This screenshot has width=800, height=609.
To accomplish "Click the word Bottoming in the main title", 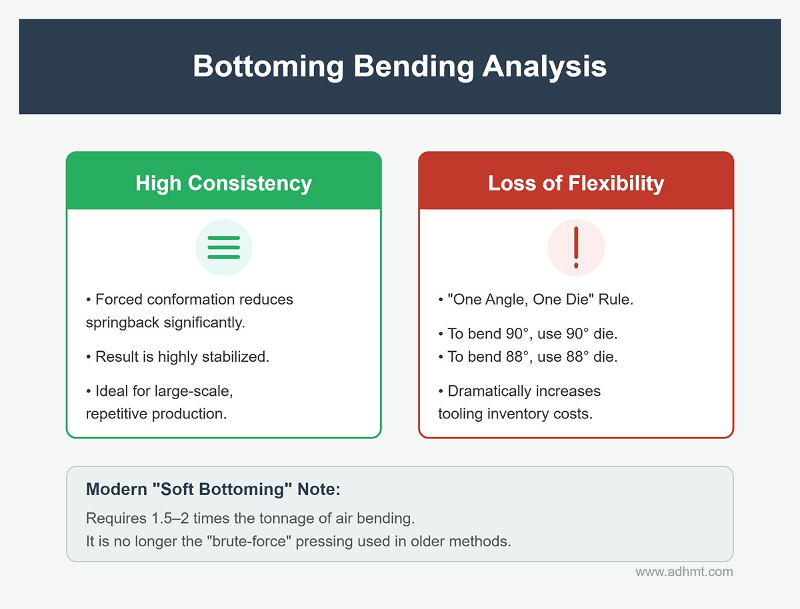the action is [268, 67].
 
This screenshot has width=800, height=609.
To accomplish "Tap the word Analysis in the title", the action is [545, 67].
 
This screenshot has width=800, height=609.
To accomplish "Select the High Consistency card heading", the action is [224, 183].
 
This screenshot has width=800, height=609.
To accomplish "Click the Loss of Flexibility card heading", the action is [576, 183].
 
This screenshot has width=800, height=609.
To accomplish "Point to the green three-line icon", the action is [224, 247].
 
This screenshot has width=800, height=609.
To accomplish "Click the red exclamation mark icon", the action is [576, 248].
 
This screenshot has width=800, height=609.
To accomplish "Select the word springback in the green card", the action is [122, 322].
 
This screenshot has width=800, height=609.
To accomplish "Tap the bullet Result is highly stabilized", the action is [177, 356].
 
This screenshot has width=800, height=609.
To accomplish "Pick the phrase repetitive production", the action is [157, 414].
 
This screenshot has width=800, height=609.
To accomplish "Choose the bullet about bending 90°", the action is [528, 334].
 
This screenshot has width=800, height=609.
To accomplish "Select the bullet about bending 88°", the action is [528, 356].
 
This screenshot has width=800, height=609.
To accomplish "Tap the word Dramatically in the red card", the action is [487, 391].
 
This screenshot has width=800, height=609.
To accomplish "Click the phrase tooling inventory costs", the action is [515, 414].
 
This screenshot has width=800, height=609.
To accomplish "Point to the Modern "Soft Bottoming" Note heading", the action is [213, 489].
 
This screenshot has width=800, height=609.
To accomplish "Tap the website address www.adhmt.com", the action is [684, 572].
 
